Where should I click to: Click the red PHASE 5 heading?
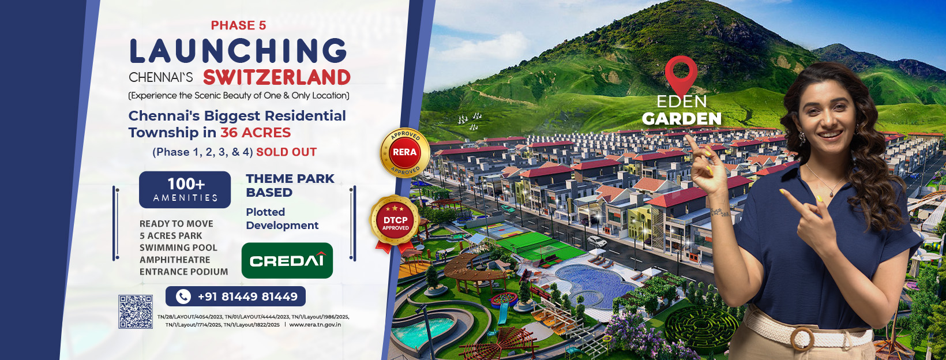coord(239,25)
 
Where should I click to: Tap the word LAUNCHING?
coord(238,51)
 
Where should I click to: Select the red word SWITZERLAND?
coord(277,77)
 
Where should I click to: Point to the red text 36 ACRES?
coord(256,133)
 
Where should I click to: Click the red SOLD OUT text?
coord(286,152)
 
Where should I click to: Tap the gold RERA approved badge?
coord(404,152)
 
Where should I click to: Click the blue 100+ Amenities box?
coord(185,190)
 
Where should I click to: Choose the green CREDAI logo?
coord(287,260)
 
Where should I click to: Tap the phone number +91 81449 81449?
coord(247,297)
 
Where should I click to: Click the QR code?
coord(136,312)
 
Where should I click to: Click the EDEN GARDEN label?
coord(682,111)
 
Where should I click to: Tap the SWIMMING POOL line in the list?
coord(178,247)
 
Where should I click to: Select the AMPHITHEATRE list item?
coord(175,260)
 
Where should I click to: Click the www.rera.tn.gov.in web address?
coord(315,324)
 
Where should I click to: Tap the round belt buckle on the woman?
coord(802,339)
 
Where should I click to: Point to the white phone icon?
coord(183,297)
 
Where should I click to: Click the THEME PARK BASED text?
coord(290,186)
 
